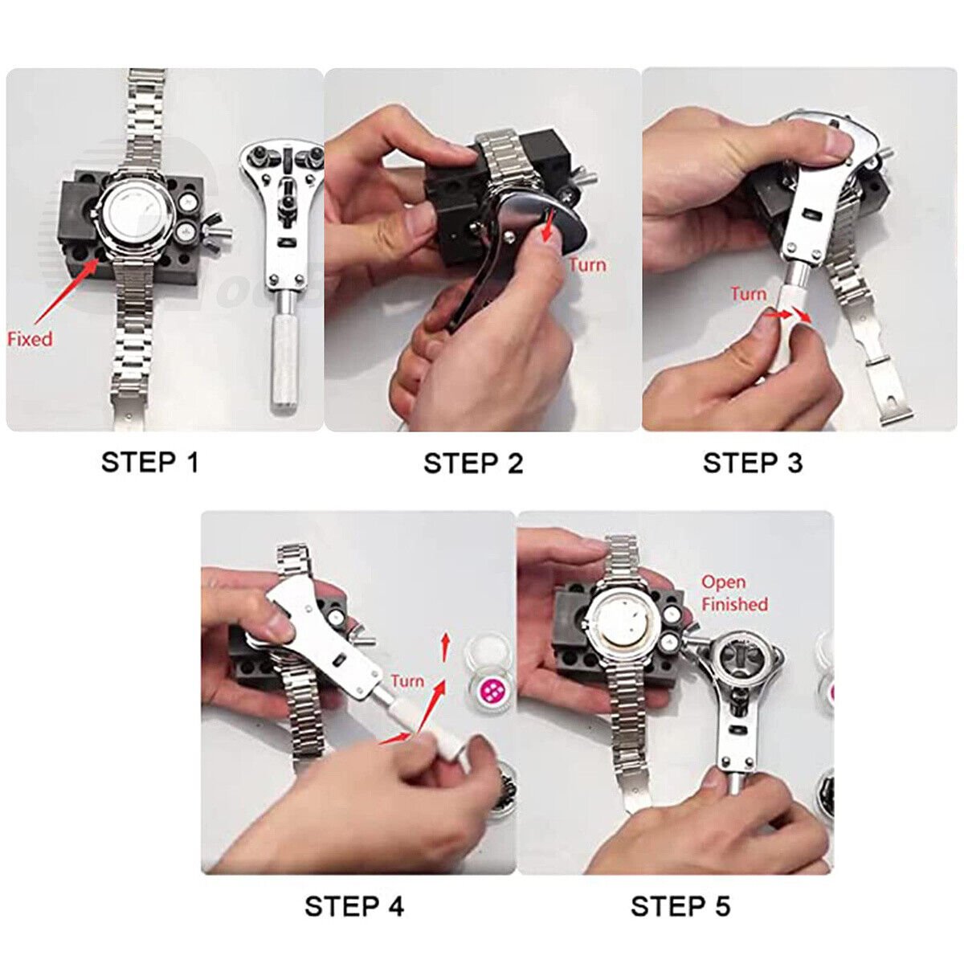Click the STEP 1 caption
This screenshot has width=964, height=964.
tap(149, 463)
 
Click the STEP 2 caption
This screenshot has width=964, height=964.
tap(473, 464)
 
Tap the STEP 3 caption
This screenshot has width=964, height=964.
tap(752, 464)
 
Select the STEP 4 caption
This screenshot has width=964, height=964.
tap(354, 907)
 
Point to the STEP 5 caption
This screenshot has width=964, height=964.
tap(680, 907)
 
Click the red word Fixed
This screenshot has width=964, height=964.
tap(30, 339)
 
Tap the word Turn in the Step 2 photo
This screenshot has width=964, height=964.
tap(587, 265)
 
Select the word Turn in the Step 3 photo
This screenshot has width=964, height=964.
tap(748, 294)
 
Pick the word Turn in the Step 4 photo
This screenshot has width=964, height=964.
tap(407, 681)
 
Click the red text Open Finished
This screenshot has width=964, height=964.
tap(733, 593)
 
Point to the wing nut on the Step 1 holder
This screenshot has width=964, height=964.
tap(215, 234)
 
